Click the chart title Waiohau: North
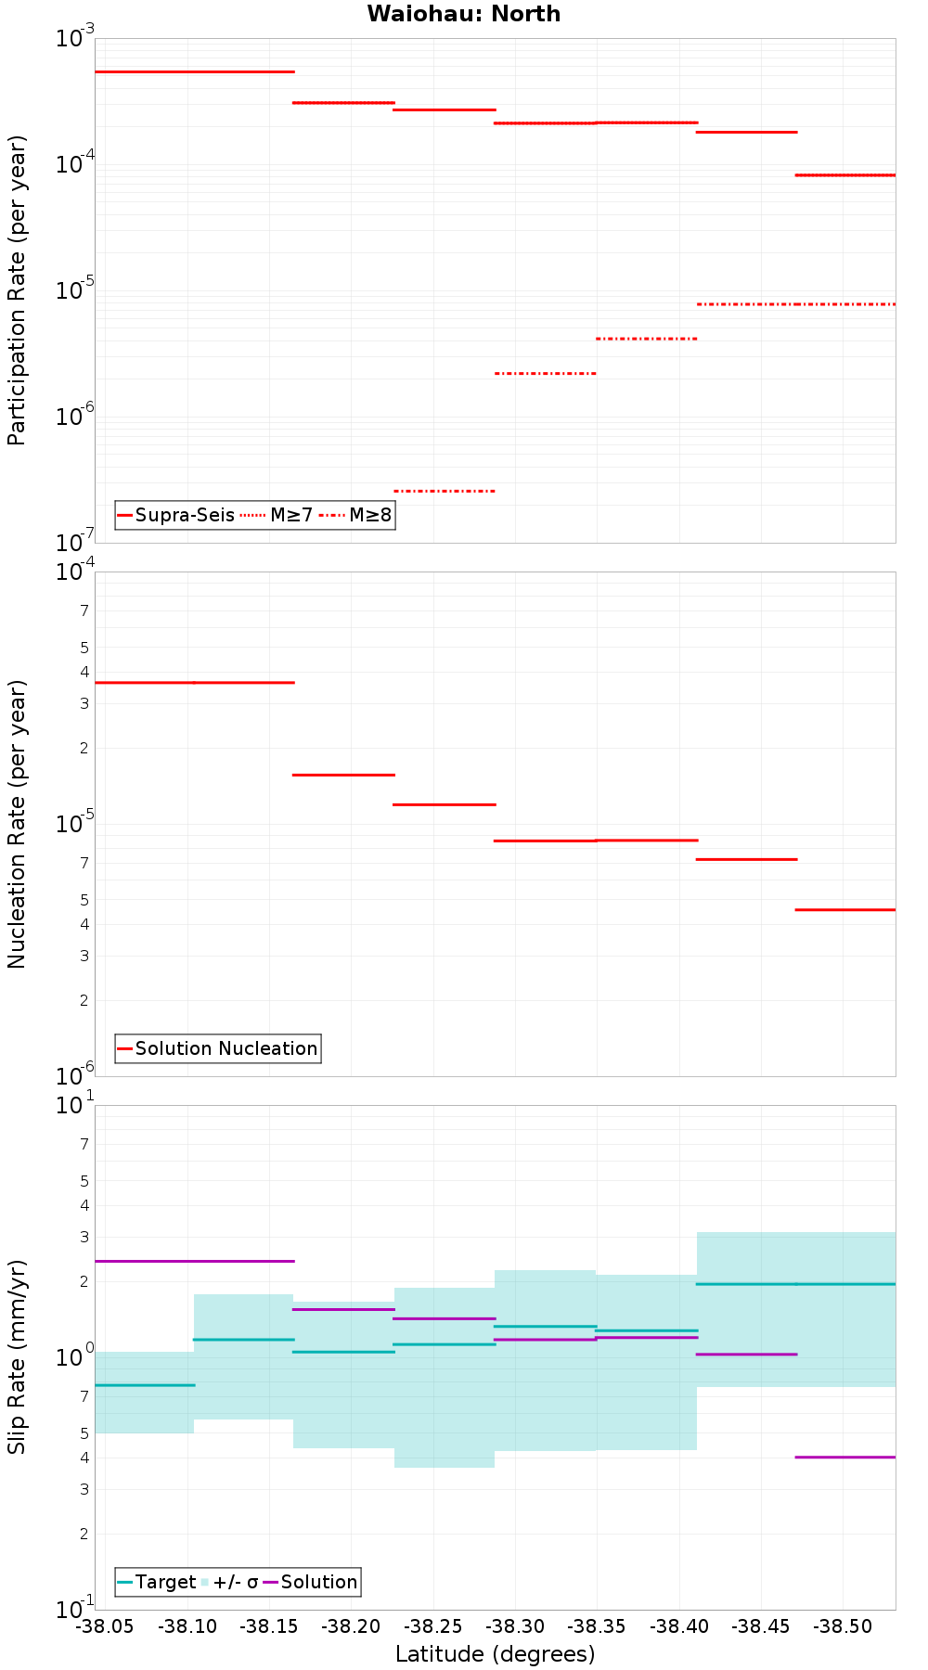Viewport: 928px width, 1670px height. tap(463, 14)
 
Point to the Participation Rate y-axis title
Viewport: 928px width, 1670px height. tap(17, 290)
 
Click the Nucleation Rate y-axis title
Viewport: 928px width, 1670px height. tap(17, 824)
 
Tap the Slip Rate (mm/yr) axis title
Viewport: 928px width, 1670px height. tap(17, 1357)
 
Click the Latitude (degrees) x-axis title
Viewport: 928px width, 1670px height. tap(495, 1654)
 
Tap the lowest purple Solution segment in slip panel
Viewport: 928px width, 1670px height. tap(845, 1458)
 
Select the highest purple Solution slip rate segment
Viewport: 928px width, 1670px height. tap(194, 1261)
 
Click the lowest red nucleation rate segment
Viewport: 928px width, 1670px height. tap(845, 910)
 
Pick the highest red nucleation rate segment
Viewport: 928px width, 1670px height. tap(194, 683)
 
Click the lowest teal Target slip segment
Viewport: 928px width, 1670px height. tap(145, 1385)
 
